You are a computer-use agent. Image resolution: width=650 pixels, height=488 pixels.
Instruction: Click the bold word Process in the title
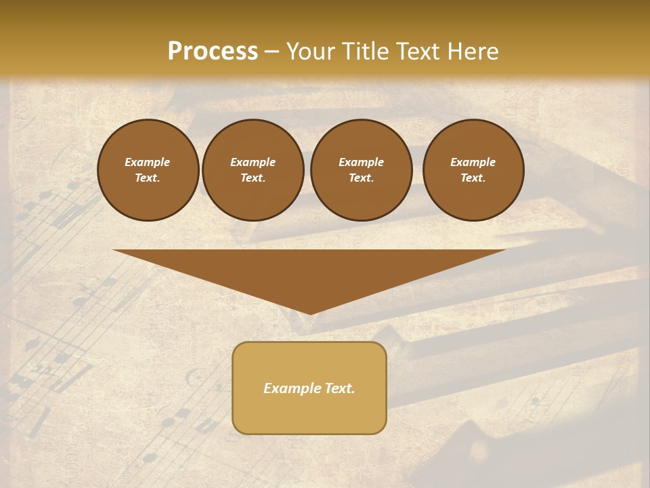pos(213,52)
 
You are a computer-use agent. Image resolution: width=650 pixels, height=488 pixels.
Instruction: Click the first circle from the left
pos(148,170)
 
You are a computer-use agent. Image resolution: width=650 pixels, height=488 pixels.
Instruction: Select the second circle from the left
pos(253,170)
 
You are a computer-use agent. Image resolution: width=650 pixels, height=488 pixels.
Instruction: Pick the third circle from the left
pos(361,170)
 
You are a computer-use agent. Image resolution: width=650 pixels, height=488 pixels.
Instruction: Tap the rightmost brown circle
pos(473,170)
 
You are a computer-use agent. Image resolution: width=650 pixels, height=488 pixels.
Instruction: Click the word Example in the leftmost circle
pos(148,162)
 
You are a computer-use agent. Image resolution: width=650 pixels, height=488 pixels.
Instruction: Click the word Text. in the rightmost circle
pos(473,178)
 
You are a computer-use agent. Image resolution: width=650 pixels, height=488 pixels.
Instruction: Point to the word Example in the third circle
pos(361,162)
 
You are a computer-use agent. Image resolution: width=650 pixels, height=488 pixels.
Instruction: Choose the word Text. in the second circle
pos(253,178)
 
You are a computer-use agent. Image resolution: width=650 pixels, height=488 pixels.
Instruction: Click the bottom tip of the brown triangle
pos(310,313)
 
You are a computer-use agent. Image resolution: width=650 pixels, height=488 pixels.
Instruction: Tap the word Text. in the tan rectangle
pos(341,388)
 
